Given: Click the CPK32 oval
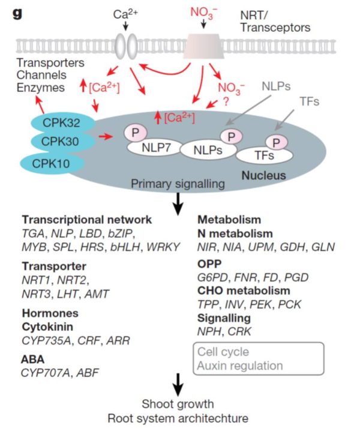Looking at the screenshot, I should [x=57, y=124].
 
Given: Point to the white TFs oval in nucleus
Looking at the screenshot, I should [x=265, y=155].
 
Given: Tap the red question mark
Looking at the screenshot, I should [x=226, y=102].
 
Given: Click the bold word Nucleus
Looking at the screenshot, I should [x=265, y=176].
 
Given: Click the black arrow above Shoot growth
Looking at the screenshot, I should [x=178, y=383].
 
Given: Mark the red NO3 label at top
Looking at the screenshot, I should [x=204, y=11].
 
